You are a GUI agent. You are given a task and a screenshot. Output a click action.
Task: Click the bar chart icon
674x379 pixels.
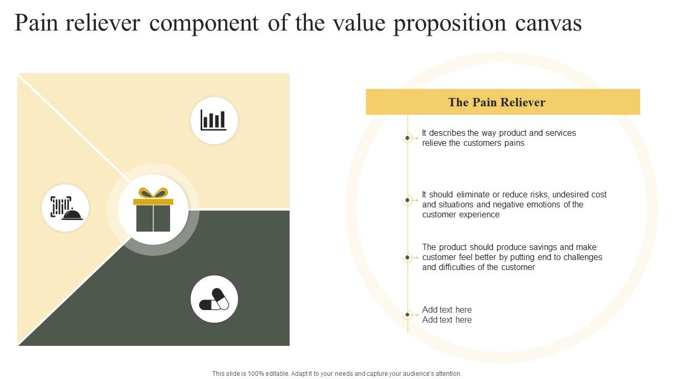214,121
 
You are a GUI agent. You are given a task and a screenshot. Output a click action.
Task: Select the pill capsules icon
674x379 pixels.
214,299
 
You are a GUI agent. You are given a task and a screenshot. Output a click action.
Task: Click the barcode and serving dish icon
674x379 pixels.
65,208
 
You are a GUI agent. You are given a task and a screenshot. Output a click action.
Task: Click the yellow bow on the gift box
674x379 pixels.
153,193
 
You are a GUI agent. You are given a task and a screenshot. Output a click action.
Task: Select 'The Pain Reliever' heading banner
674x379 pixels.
503,102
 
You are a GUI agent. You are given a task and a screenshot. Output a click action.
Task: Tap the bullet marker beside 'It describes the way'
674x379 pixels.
408,138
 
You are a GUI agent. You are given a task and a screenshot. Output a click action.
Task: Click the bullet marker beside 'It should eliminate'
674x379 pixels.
408,200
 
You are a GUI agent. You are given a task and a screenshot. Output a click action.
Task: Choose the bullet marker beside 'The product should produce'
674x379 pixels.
408,257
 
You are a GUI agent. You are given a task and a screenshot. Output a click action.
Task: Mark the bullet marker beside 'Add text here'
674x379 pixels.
408,315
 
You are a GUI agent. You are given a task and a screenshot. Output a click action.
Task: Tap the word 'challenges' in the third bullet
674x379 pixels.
582,257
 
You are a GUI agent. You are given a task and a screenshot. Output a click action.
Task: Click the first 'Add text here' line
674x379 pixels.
447,310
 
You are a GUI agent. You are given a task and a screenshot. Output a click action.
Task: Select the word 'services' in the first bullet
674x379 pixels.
560,133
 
